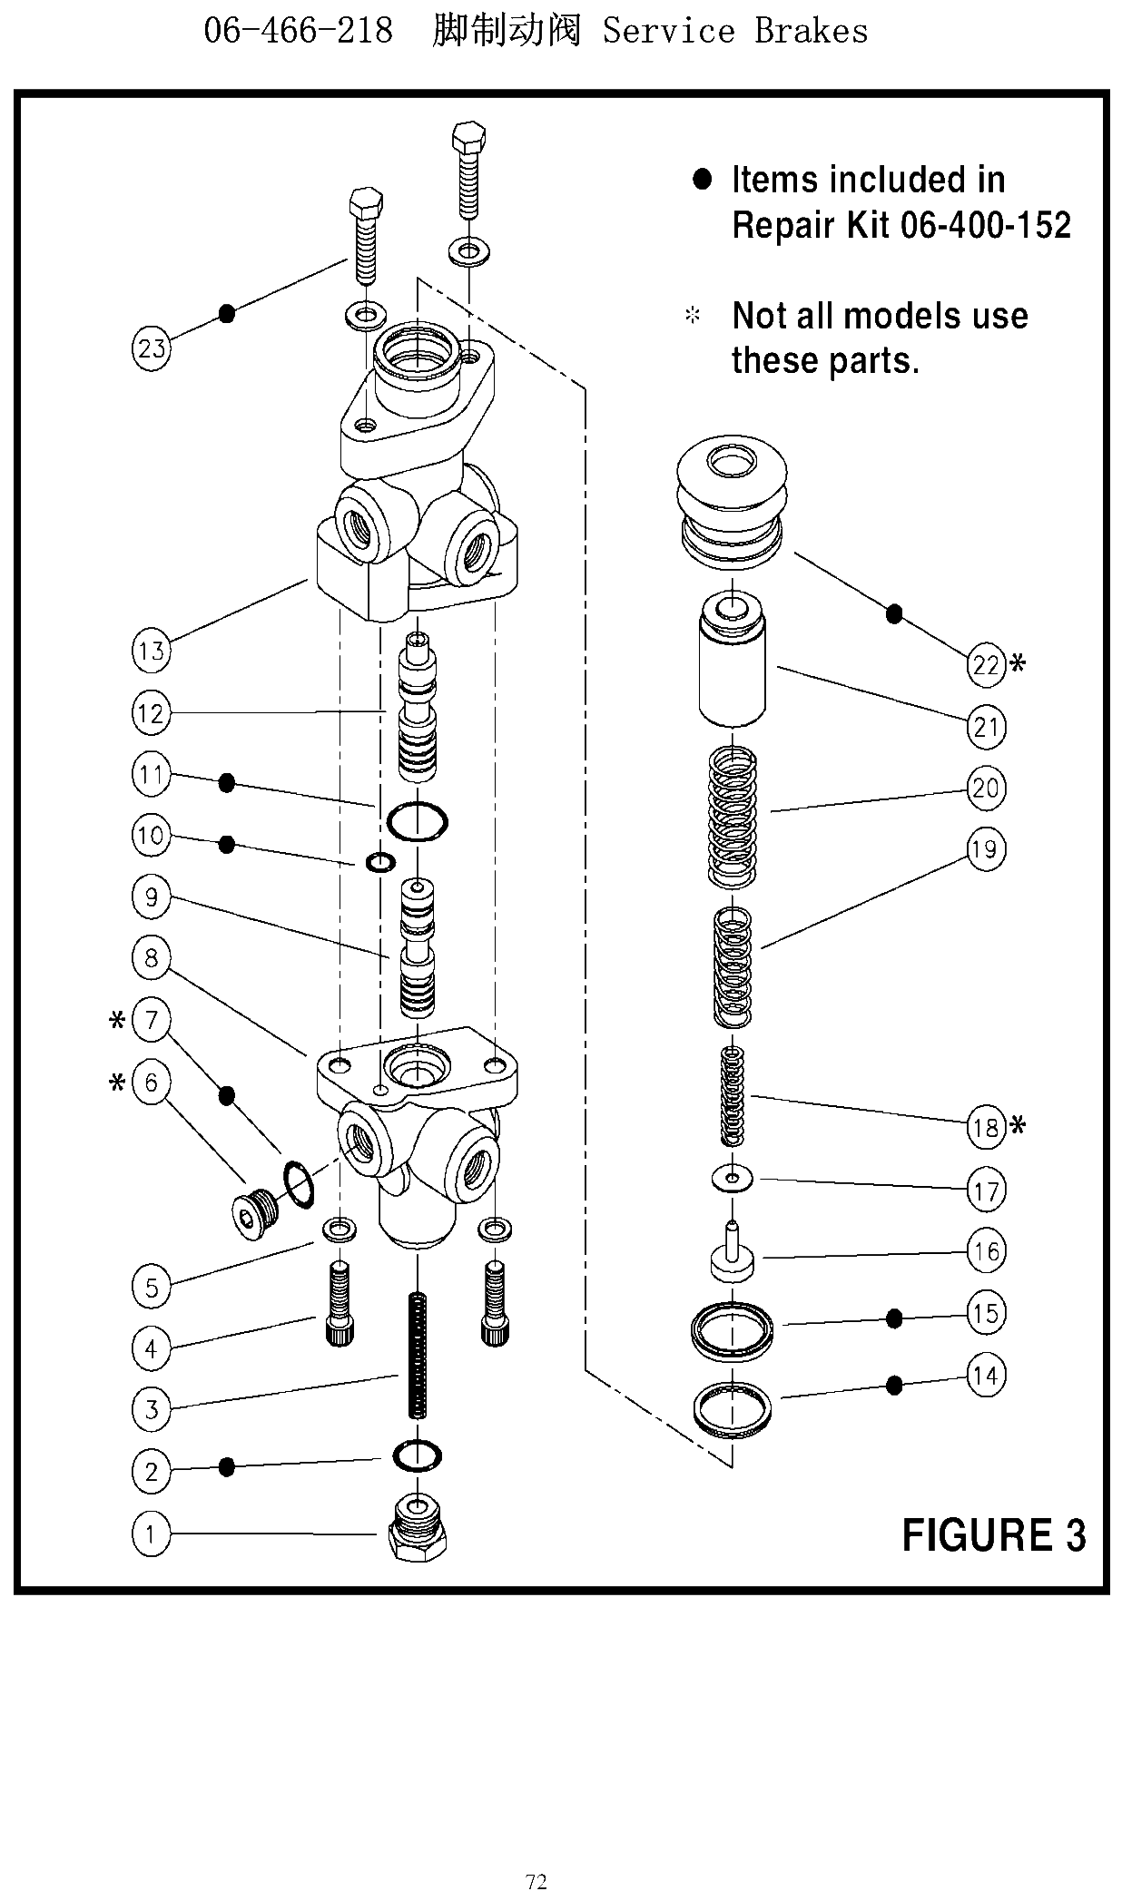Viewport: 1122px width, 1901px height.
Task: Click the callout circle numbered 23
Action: (152, 348)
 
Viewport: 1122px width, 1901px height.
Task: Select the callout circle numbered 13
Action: (152, 651)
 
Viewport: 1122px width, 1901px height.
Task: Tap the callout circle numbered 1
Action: (152, 1534)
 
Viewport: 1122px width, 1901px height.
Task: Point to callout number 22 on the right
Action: (986, 665)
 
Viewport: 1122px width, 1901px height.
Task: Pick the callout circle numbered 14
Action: (986, 1376)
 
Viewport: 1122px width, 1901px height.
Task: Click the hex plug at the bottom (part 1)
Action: (418, 1530)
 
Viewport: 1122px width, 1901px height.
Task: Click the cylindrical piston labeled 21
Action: (732, 660)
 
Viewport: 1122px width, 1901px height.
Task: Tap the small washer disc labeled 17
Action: (733, 1179)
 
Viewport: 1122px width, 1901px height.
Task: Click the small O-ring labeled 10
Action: (380, 861)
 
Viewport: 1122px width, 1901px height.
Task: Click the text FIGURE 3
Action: (994, 1535)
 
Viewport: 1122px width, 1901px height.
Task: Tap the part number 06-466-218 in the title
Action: (298, 31)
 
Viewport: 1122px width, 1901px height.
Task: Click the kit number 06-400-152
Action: (986, 224)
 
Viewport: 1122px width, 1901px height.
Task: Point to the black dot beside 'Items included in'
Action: (703, 179)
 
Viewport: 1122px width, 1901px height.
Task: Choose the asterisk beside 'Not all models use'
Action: (693, 316)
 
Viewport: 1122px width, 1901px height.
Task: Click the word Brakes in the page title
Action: (812, 31)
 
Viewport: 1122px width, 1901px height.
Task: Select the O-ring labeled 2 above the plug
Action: (417, 1456)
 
